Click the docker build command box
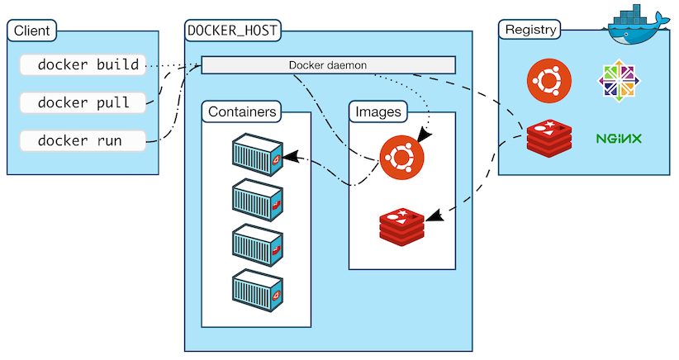tap(83, 65)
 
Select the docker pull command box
tap(83, 103)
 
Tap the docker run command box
tap(83, 141)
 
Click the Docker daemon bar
tap(328, 65)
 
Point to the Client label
tap(31, 31)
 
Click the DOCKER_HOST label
tap(233, 31)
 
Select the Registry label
tap(529, 30)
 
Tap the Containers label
tap(242, 111)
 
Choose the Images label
tap(378, 111)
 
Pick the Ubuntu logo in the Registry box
tap(549, 81)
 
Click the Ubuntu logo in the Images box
tap(401, 157)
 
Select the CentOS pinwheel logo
tap(619, 81)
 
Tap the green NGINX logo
tap(619, 139)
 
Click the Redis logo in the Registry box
tap(549, 139)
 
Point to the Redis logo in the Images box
tap(401, 227)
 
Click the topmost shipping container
tap(258, 154)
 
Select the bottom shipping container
tap(258, 291)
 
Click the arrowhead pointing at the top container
tap(291, 157)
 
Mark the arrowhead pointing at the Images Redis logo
tap(434, 216)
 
